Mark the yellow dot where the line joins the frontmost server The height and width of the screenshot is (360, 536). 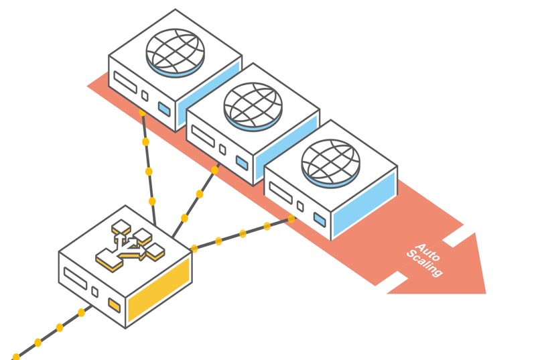(x=291, y=219)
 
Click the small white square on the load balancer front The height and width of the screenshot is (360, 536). (x=95, y=292)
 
